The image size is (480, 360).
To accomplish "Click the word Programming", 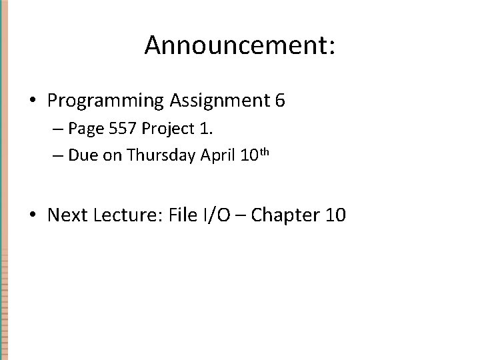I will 105,101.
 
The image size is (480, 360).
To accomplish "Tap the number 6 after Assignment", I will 279,101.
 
